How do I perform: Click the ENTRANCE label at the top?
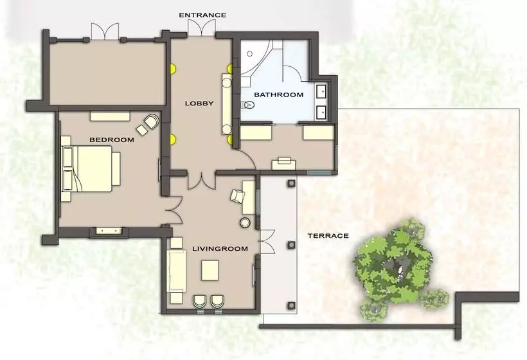point(202,14)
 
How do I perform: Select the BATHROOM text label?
point(278,94)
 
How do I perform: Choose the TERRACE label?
point(328,236)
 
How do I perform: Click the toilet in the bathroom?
point(247,105)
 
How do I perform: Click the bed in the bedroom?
point(90,167)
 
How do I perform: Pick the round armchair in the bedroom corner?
point(152,122)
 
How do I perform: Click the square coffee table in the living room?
point(211,269)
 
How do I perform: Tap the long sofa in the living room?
point(177,271)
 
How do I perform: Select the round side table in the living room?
point(245,222)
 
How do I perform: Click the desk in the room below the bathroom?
point(283,163)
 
